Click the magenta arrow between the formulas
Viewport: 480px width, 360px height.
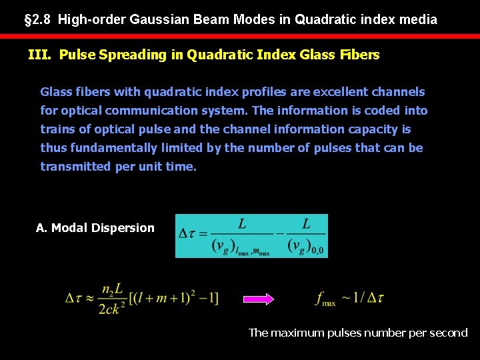point(256,299)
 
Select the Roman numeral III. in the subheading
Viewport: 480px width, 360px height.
point(40,55)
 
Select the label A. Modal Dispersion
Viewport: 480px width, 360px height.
point(95,228)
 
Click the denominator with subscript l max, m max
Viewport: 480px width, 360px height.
point(241,247)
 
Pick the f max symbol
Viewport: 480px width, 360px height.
point(325,299)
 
